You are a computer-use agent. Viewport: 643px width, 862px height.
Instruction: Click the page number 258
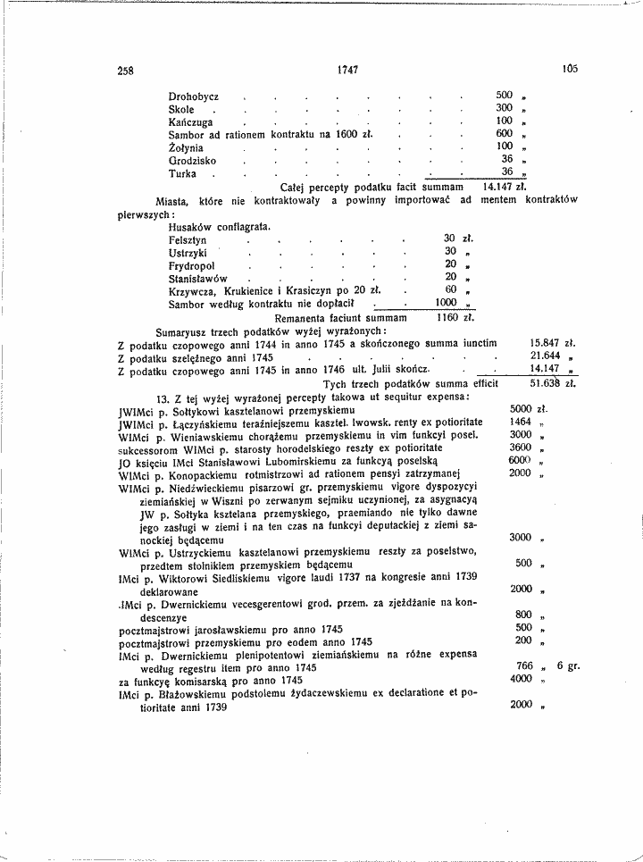[125, 70]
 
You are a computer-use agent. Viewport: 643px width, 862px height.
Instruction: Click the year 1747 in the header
[348, 70]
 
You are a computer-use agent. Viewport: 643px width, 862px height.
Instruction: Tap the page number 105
[571, 68]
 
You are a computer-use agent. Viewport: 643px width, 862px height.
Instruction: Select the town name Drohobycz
[194, 96]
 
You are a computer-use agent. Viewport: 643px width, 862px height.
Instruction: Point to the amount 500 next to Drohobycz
[505, 95]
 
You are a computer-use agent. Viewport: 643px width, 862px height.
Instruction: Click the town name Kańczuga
[189, 121]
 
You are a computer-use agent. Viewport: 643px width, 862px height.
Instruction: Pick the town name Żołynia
[186, 147]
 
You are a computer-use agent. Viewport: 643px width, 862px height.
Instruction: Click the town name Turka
[182, 173]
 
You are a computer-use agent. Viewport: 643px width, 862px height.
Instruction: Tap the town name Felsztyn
[188, 240]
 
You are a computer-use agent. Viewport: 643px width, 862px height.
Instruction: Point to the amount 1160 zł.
[454, 317]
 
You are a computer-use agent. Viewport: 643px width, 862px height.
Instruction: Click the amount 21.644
[547, 356]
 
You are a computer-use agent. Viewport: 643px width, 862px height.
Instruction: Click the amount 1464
[521, 422]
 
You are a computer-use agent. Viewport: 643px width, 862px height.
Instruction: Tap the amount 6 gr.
[569, 666]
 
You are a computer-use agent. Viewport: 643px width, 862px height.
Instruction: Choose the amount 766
[525, 666]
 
